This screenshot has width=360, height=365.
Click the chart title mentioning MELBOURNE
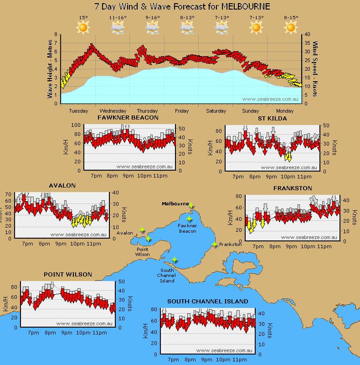click(182, 6)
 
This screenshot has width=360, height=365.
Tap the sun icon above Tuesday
click(83, 28)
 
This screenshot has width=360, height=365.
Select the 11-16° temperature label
click(118, 18)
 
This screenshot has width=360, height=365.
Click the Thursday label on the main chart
click(147, 111)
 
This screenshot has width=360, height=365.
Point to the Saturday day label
click(216, 111)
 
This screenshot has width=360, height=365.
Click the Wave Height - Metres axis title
click(50, 69)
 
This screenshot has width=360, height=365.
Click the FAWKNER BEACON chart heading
click(128, 118)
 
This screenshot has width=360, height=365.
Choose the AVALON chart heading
click(62, 186)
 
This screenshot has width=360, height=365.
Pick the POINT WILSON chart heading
click(68, 274)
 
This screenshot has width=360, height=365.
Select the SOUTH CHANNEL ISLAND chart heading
click(207, 301)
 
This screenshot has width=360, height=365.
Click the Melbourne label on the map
click(175, 204)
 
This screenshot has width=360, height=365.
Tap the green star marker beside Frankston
click(215, 244)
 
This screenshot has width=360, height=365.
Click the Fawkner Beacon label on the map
click(187, 229)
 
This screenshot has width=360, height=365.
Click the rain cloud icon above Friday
click(187, 28)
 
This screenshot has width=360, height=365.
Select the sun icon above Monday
click(291, 28)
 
